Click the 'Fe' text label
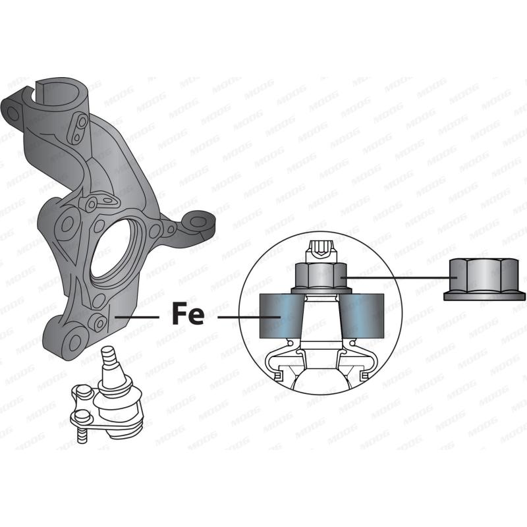click(x=188, y=314)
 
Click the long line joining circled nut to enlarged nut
click(x=395, y=277)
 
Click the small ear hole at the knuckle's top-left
click(x=13, y=113)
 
